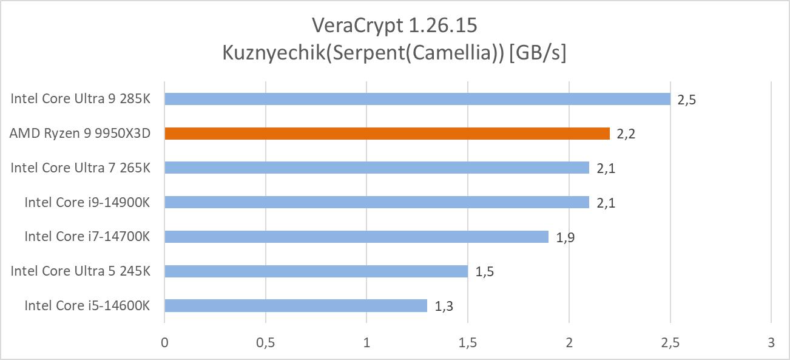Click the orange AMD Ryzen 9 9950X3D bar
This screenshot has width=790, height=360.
(387, 134)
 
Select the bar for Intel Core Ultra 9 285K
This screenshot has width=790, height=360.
(417, 99)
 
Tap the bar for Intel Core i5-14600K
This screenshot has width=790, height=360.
(295, 305)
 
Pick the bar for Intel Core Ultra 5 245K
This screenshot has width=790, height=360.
(316, 271)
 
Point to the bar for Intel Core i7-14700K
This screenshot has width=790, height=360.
(356, 237)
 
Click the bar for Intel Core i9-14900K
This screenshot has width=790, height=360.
(376, 202)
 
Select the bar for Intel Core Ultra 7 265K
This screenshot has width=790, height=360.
(376, 168)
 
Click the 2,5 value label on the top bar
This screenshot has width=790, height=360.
(686, 100)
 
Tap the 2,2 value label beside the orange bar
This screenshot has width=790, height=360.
(626, 134)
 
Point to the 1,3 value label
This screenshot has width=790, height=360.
(444, 307)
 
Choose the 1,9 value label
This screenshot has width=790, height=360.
(565, 237)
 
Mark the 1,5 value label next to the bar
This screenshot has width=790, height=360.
(484, 272)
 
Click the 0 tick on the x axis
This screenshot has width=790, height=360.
(164, 343)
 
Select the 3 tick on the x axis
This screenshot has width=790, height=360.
(771, 343)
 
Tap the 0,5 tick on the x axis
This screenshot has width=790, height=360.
(266, 343)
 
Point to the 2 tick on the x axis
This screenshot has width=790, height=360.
(569, 343)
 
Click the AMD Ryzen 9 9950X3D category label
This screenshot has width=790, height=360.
(79, 134)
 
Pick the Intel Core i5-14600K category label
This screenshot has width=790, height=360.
(87, 305)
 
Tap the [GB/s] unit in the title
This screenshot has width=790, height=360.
(538, 53)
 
